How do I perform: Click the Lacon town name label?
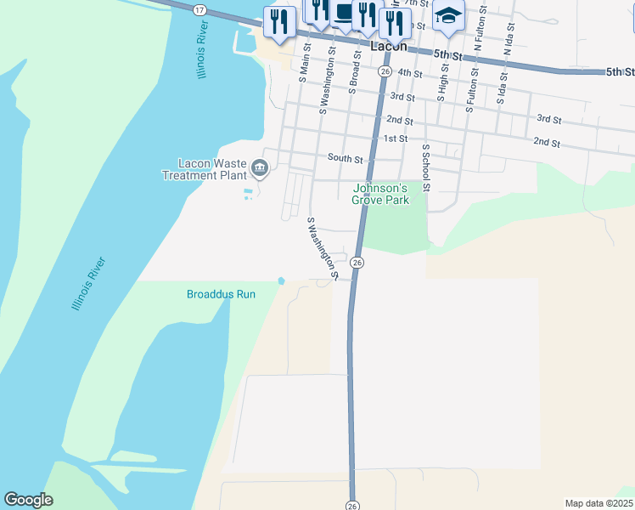coord(388,48)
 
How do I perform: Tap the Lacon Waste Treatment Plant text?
coord(205,169)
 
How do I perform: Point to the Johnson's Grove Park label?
coord(380,194)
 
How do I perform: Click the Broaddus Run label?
coord(221,294)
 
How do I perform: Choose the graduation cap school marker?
coord(448,15)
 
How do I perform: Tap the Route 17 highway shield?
coord(199,8)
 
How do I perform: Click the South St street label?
coord(345,158)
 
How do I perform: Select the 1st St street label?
coord(396,138)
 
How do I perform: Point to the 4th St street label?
coord(410,74)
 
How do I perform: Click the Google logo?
coord(28,500)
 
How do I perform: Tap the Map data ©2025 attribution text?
coord(598,503)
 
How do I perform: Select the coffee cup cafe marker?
coord(343,14)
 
